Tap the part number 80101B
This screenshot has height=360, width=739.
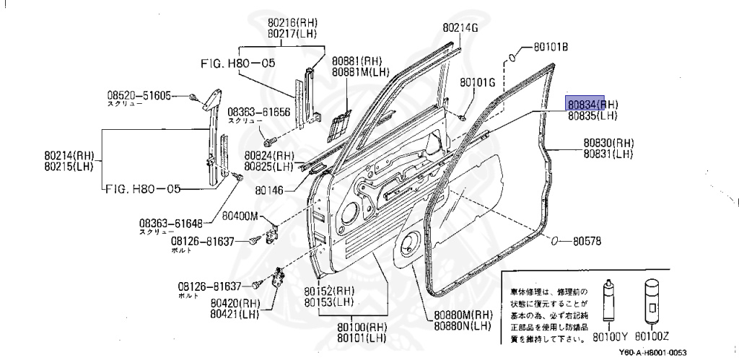click(x=551, y=48)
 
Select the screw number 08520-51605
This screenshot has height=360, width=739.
click(x=139, y=95)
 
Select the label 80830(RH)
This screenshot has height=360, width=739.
click(x=609, y=143)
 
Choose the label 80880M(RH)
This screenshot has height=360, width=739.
click(x=463, y=315)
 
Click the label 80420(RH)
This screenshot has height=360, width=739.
click(x=235, y=304)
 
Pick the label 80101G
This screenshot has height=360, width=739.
click(x=478, y=82)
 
